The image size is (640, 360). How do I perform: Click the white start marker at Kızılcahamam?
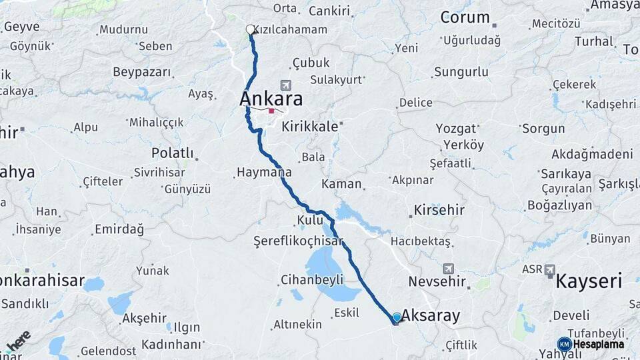(250, 29)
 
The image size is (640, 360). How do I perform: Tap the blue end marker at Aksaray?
(397, 317)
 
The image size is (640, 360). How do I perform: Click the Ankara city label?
(271, 99)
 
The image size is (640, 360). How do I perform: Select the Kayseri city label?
(589, 281)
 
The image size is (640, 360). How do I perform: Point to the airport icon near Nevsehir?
(448, 268)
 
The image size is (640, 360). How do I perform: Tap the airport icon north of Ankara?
(286, 85)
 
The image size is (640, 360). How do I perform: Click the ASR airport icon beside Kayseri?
(550, 270)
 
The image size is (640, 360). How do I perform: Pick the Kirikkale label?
(310, 126)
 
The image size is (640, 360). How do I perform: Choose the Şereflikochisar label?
(298, 241)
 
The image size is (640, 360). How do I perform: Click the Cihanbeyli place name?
(311, 279)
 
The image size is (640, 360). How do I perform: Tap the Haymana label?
(264, 172)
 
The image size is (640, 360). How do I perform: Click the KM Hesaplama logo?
(591, 344)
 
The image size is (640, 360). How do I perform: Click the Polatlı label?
(172, 153)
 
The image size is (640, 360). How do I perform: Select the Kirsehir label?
(439, 210)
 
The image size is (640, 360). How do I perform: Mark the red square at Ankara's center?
(271, 111)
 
